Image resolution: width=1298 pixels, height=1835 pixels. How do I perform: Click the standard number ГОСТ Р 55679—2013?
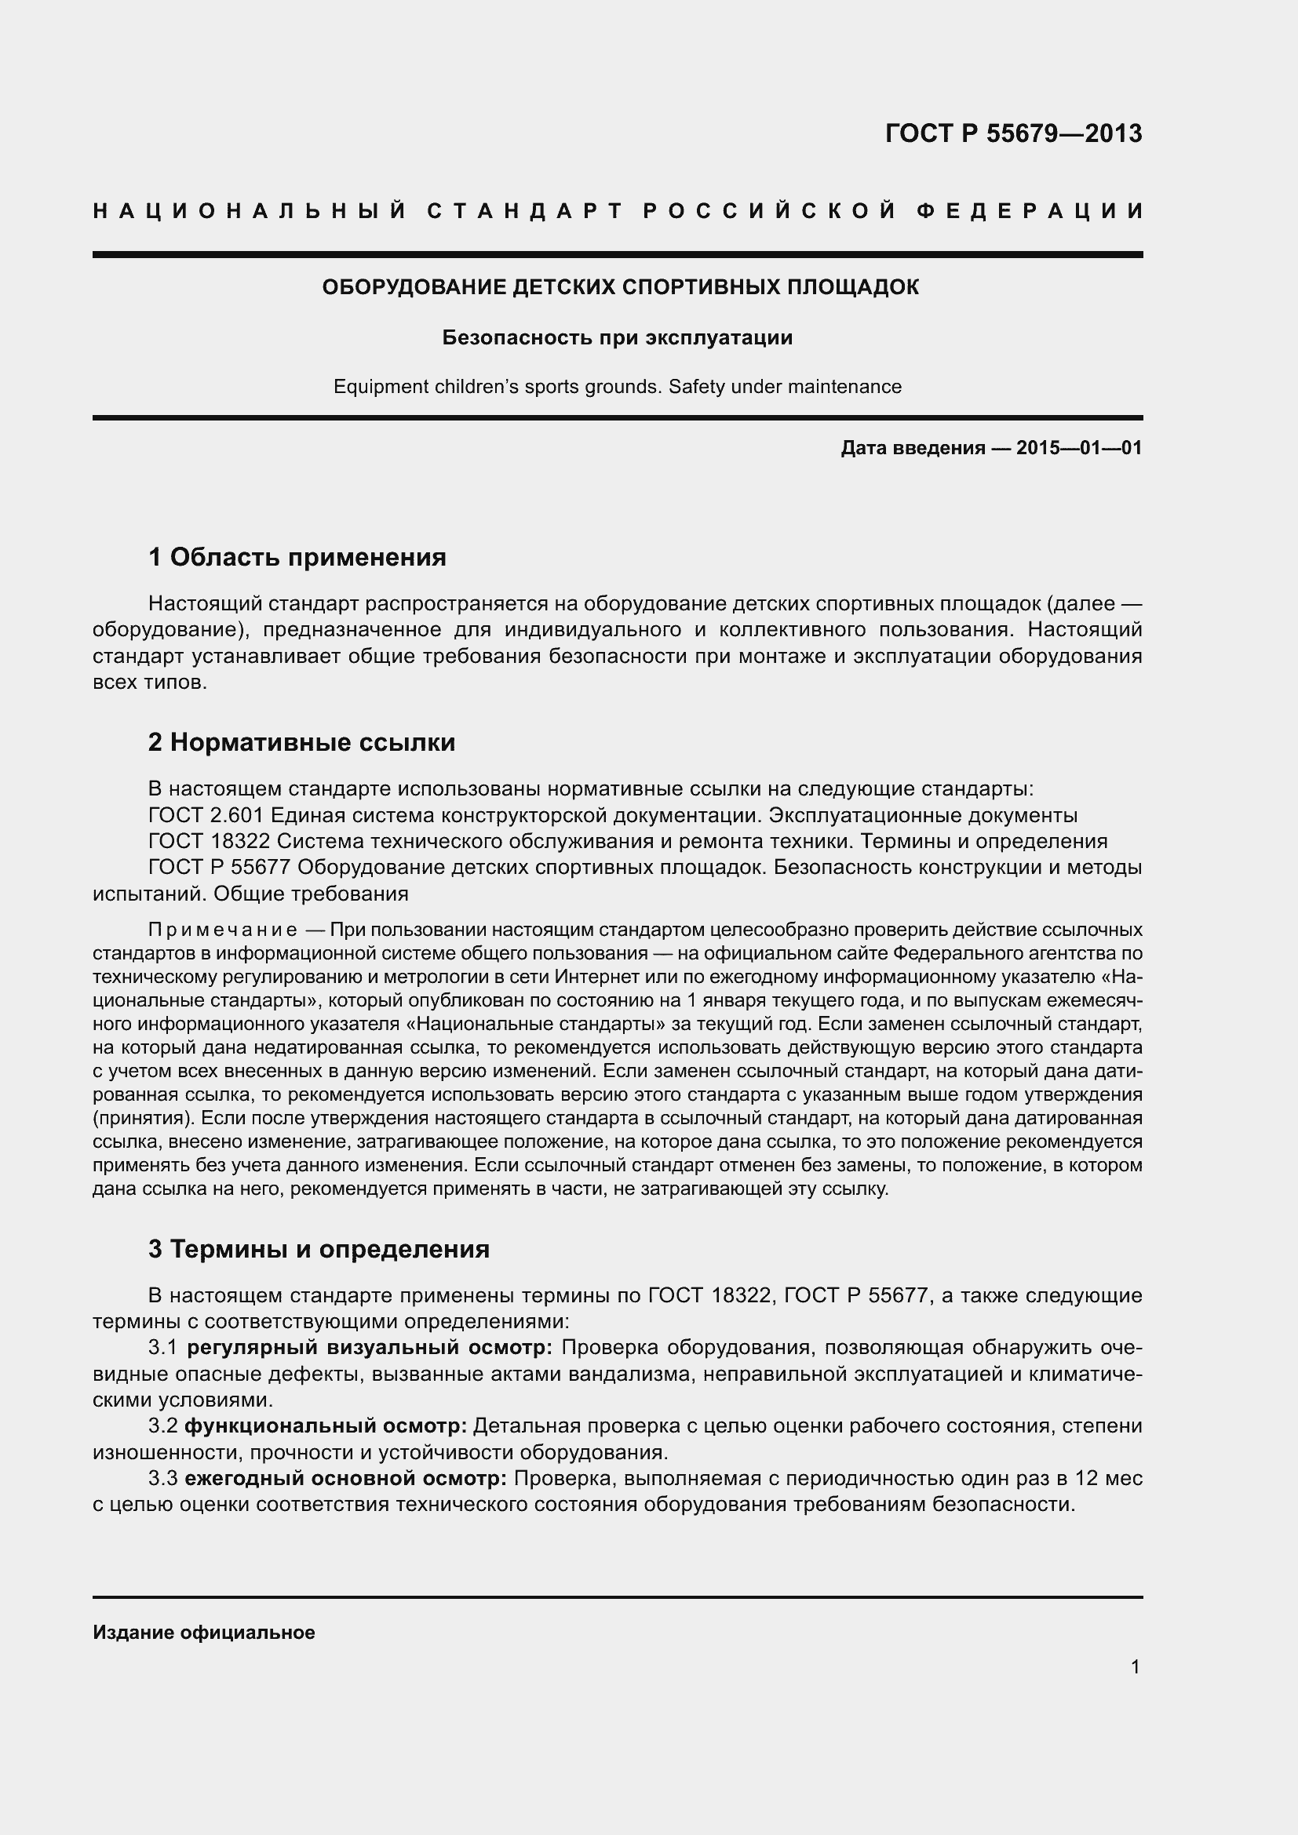click(x=1013, y=133)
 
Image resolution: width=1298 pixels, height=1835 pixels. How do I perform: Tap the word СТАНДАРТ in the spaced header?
click(x=524, y=211)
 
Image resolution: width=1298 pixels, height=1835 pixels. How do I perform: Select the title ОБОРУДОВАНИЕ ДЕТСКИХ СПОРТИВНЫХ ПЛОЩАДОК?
click(x=620, y=288)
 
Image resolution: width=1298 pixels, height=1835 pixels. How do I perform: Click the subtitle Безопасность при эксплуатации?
click(x=617, y=337)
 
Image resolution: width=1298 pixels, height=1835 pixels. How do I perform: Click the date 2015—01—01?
click(x=1079, y=449)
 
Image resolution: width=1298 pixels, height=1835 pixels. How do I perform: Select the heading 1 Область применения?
click(x=297, y=557)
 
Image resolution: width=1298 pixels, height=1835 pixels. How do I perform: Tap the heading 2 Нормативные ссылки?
click(x=301, y=742)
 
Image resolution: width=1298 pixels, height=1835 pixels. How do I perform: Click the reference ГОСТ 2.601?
click(x=207, y=815)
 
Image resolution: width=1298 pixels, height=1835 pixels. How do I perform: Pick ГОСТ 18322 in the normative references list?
click(x=211, y=842)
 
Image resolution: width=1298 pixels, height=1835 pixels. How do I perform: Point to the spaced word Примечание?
click(x=223, y=930)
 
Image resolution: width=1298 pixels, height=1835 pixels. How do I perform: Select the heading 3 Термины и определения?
click(x=319, y=1249)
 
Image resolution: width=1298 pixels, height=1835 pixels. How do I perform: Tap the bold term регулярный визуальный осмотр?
click(x=370, y=1348)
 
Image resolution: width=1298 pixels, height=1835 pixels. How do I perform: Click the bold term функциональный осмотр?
click(x=326, y=1425)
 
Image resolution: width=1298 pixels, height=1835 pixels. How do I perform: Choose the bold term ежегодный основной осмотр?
click(x=345, y=1479)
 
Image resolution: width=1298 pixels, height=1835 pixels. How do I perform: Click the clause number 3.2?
click(x=162, y=1425)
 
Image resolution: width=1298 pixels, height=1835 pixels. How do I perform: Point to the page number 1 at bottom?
click(x=1135, y=1667)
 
